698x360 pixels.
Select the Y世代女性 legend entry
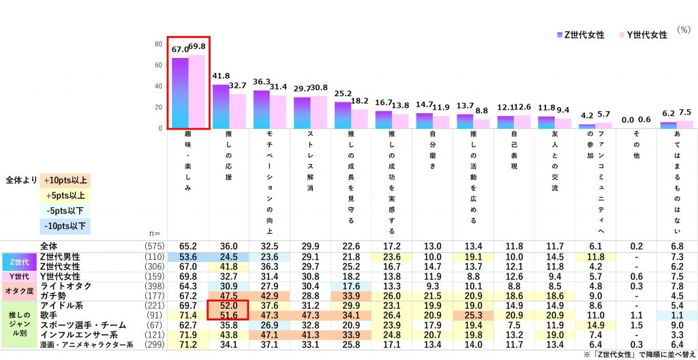643,35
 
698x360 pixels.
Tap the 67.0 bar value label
179,49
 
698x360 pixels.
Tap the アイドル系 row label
62,307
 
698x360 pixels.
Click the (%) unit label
682,30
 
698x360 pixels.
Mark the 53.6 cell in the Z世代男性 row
187,255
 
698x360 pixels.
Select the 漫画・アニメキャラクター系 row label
87,346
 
